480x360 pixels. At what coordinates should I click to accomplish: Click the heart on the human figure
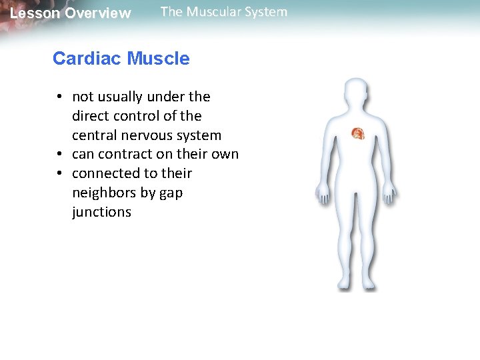[x=358, y=133]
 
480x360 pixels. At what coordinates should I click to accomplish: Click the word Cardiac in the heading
[x=87, y=59]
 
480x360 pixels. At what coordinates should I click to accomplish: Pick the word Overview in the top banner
[x=98, y=13]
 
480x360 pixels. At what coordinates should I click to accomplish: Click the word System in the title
[x=266, y=12]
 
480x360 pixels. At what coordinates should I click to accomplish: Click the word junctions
[x=101, y=213]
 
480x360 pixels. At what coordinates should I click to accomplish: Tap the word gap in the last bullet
[x=170, y=193]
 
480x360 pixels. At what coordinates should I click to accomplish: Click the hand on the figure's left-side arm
[x=323, y=195]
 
